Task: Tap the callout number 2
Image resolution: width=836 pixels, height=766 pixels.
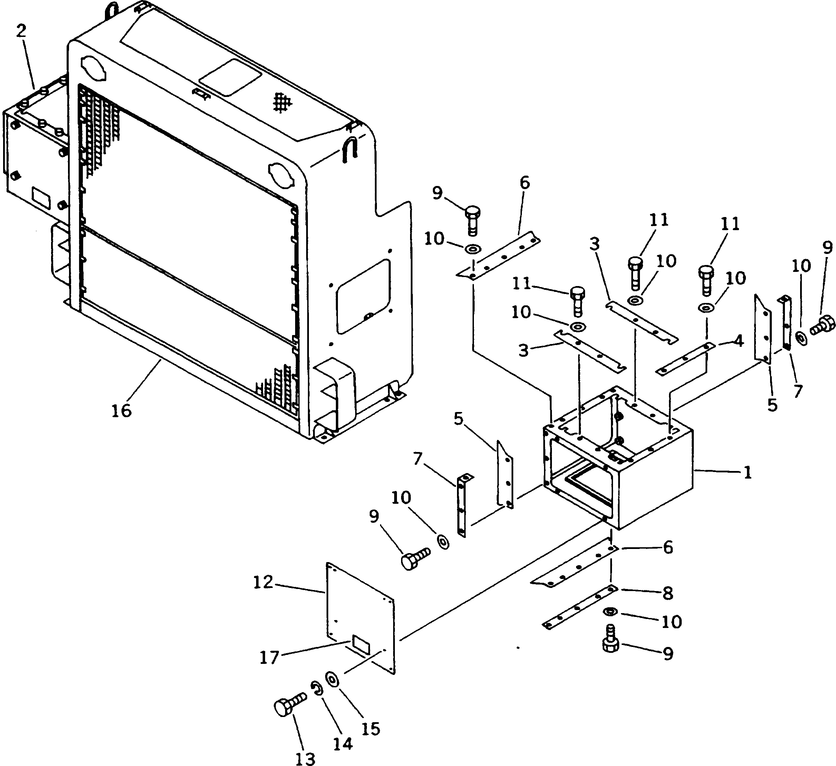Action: click(x=21, y=31)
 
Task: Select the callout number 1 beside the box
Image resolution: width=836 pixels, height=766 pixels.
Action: click(x=747, y=472)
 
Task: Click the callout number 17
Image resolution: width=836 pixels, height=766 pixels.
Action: click(x=270, y=657)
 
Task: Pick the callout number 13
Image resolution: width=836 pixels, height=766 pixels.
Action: click(x=305, y=758)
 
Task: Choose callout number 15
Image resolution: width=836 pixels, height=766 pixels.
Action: click(x=370, y=729)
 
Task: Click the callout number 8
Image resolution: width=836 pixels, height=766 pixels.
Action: click(x=667, y=593)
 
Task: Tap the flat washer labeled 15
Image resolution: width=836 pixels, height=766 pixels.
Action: click(x=332, y=680)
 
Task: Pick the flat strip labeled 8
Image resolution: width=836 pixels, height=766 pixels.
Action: click(x=580, y=607)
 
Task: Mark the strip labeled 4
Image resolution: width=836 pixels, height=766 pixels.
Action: click(x=686, y=359)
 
